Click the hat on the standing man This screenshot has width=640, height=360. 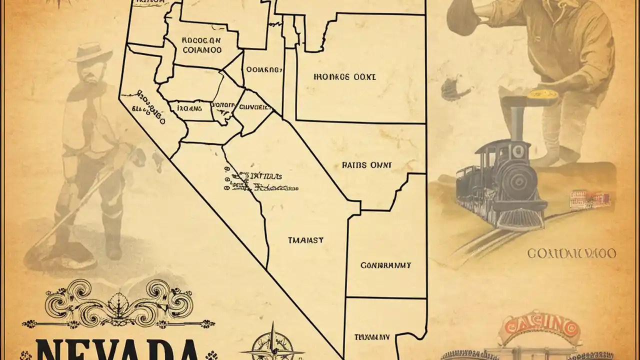click(90, 52)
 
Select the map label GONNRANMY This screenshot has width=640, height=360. click(385, 265)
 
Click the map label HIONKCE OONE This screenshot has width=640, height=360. click(344, 77)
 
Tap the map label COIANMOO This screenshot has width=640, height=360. click(202, 50)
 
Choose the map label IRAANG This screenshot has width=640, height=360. click(185, 106)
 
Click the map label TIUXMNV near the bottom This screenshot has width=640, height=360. click(372, 336)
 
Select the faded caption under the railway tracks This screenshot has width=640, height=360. click(571, 254)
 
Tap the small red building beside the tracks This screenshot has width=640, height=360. click(590, 199)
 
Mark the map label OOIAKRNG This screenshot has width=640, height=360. click(261, 70)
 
